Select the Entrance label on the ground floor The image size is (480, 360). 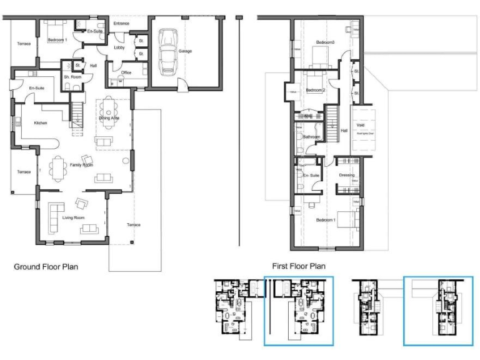121,24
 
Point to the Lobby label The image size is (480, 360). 119,47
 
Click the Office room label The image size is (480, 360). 126,72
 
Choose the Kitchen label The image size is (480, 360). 41,123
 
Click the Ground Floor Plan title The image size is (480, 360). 46,267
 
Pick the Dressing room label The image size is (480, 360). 346,175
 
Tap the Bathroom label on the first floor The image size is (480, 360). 311,136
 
